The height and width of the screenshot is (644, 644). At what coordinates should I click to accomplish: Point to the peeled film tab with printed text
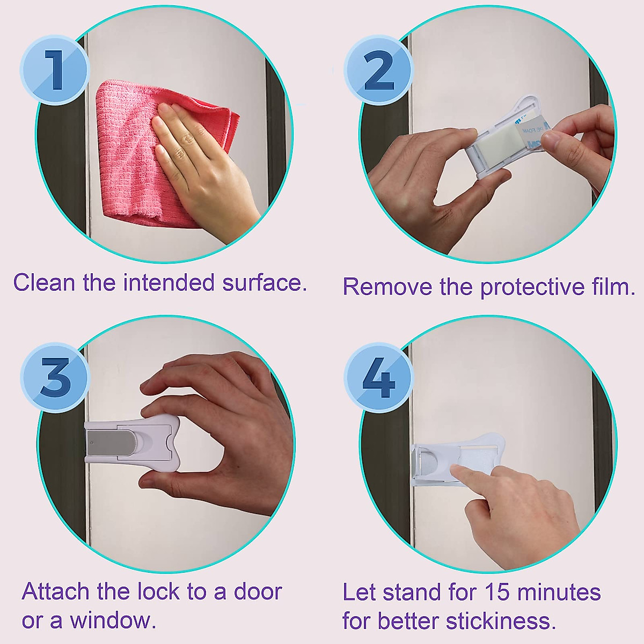(529, 134)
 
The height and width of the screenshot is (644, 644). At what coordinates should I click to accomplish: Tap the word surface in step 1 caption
(263, 282)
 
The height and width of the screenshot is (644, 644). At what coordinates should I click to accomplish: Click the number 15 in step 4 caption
(498, 593)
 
